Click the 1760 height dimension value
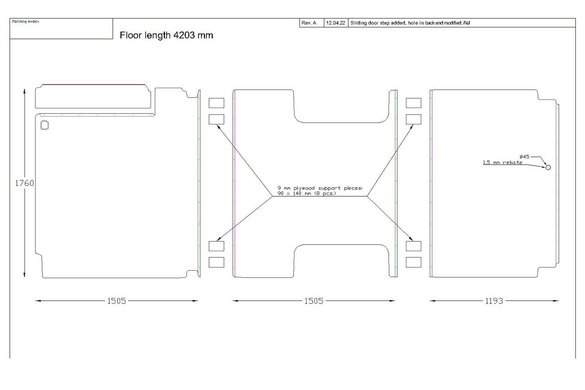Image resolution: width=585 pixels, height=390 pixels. point(24,183)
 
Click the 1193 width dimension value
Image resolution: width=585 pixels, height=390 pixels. point(494,301)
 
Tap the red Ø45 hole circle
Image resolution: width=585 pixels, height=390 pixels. point(548,167)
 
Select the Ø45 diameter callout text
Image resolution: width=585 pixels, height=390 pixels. point(525,156)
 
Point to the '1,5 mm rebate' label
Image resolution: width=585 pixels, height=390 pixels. point(502,162)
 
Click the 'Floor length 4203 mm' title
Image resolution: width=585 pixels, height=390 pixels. point(166,35)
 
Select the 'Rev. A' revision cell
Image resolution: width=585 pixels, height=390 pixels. point(309,23)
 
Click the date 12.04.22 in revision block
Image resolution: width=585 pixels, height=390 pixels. point(335,23)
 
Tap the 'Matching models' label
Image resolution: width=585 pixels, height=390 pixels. point(25,21)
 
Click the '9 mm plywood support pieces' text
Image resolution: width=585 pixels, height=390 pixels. point(320,188)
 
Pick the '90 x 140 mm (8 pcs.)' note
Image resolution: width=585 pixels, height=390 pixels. point(307,193)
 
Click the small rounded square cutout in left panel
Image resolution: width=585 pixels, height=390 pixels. point(44,125)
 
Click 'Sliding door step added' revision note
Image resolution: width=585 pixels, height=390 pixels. point(409,23)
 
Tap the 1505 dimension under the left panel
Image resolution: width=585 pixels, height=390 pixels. point(117,301)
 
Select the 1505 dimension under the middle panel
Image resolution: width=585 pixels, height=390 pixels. point(314,301)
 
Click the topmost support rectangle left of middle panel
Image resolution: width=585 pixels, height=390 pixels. point(216,103)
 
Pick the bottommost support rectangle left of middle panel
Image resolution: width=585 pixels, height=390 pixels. point(216,262)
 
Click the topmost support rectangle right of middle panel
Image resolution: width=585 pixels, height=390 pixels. point(413,103)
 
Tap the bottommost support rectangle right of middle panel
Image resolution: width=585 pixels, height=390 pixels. point(413,262)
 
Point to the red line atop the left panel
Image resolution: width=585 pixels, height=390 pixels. point(94,84)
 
